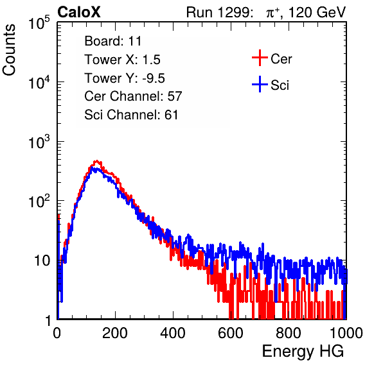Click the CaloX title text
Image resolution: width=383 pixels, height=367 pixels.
[79, 12]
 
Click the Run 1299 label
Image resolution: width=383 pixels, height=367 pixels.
[219, 12]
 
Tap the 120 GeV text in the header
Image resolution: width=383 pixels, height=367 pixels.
[317, 12]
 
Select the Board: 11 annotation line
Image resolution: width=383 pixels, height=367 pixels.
[113, 41]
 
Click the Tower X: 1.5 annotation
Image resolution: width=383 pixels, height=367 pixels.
[122, 60]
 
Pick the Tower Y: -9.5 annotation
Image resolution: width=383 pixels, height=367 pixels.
[125, 78]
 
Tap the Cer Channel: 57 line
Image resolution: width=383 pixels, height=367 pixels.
[133, 96]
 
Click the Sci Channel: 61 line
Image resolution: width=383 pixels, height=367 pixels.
[131, 115]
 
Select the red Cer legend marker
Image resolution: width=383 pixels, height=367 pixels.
[260, 58]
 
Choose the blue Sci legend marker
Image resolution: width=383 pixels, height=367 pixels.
[260, 84]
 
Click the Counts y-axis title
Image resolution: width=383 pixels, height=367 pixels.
[9, 50]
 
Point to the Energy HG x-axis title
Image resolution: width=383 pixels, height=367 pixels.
[303, 352]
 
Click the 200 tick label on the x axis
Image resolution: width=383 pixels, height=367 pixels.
[115, 333]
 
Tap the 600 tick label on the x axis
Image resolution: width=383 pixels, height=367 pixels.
[231, 333]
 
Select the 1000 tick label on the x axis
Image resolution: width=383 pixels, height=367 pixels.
[346, 333]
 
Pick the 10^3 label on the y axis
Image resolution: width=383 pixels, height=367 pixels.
[39, 142]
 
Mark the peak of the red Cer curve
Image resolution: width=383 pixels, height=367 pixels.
[97, 160]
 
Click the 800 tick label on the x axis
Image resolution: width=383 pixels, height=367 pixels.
[289, 333]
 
